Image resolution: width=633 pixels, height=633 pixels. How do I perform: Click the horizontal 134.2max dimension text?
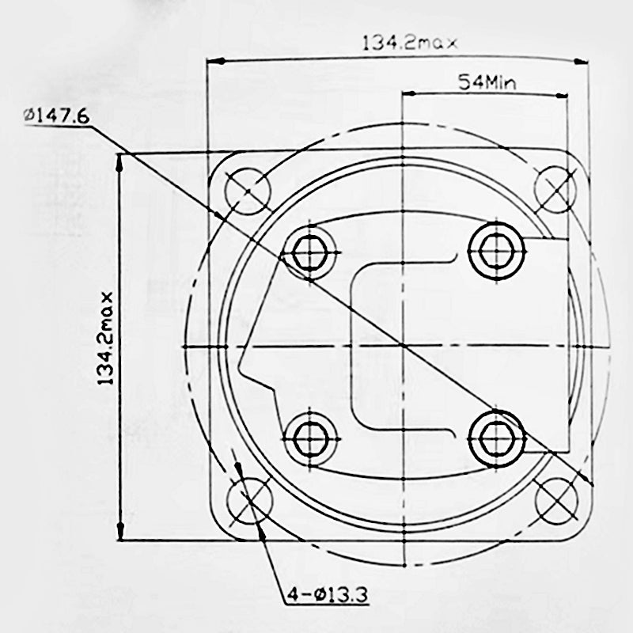tap(409, 43)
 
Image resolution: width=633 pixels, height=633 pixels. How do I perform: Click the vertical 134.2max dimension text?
tap(105, 338)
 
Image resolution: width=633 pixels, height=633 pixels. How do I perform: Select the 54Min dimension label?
tap(484, 81)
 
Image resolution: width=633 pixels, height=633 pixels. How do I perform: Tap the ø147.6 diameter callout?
tap(56, 116)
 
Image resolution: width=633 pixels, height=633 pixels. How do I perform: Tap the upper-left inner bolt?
tap(310, 252)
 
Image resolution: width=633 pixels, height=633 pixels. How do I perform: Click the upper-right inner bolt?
tap(496, 250)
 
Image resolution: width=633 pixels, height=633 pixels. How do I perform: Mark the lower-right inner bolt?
tap(495, 436)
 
